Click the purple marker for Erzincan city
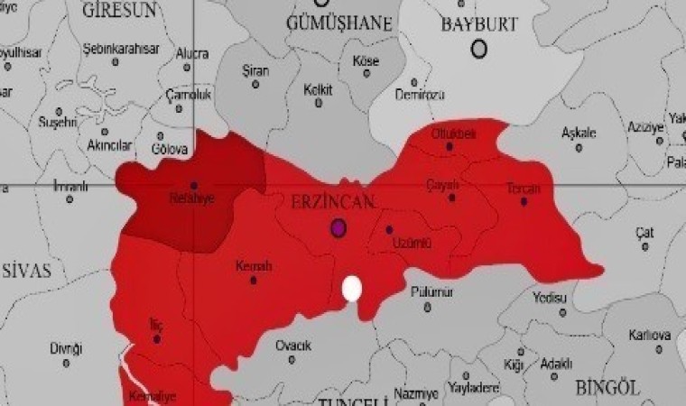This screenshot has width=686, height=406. point(338,227)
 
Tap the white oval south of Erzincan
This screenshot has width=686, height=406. point(352,289)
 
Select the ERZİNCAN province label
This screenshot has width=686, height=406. point(333,203)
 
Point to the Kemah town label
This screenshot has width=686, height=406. point(253,266)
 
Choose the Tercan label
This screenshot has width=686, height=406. point(524,189)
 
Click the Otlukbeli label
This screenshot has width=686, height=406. point(453,134)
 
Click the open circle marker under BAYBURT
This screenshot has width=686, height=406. point(479,49)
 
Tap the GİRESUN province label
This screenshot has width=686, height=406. point(118,10)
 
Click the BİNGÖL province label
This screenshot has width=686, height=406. point(607,388)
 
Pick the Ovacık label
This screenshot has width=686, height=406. point(293,346)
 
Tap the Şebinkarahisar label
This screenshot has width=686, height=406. point(115,48)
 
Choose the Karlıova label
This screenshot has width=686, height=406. point(650,337)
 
